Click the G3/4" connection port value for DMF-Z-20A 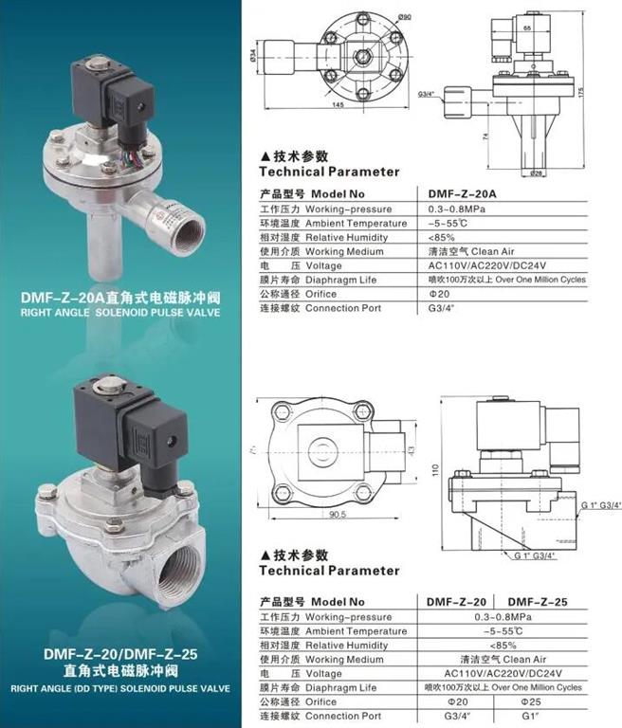[x=442, y=308]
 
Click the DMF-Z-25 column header [x=537, y=602]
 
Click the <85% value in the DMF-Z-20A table [x=442, y=237]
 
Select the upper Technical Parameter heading [x=329, y=172]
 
